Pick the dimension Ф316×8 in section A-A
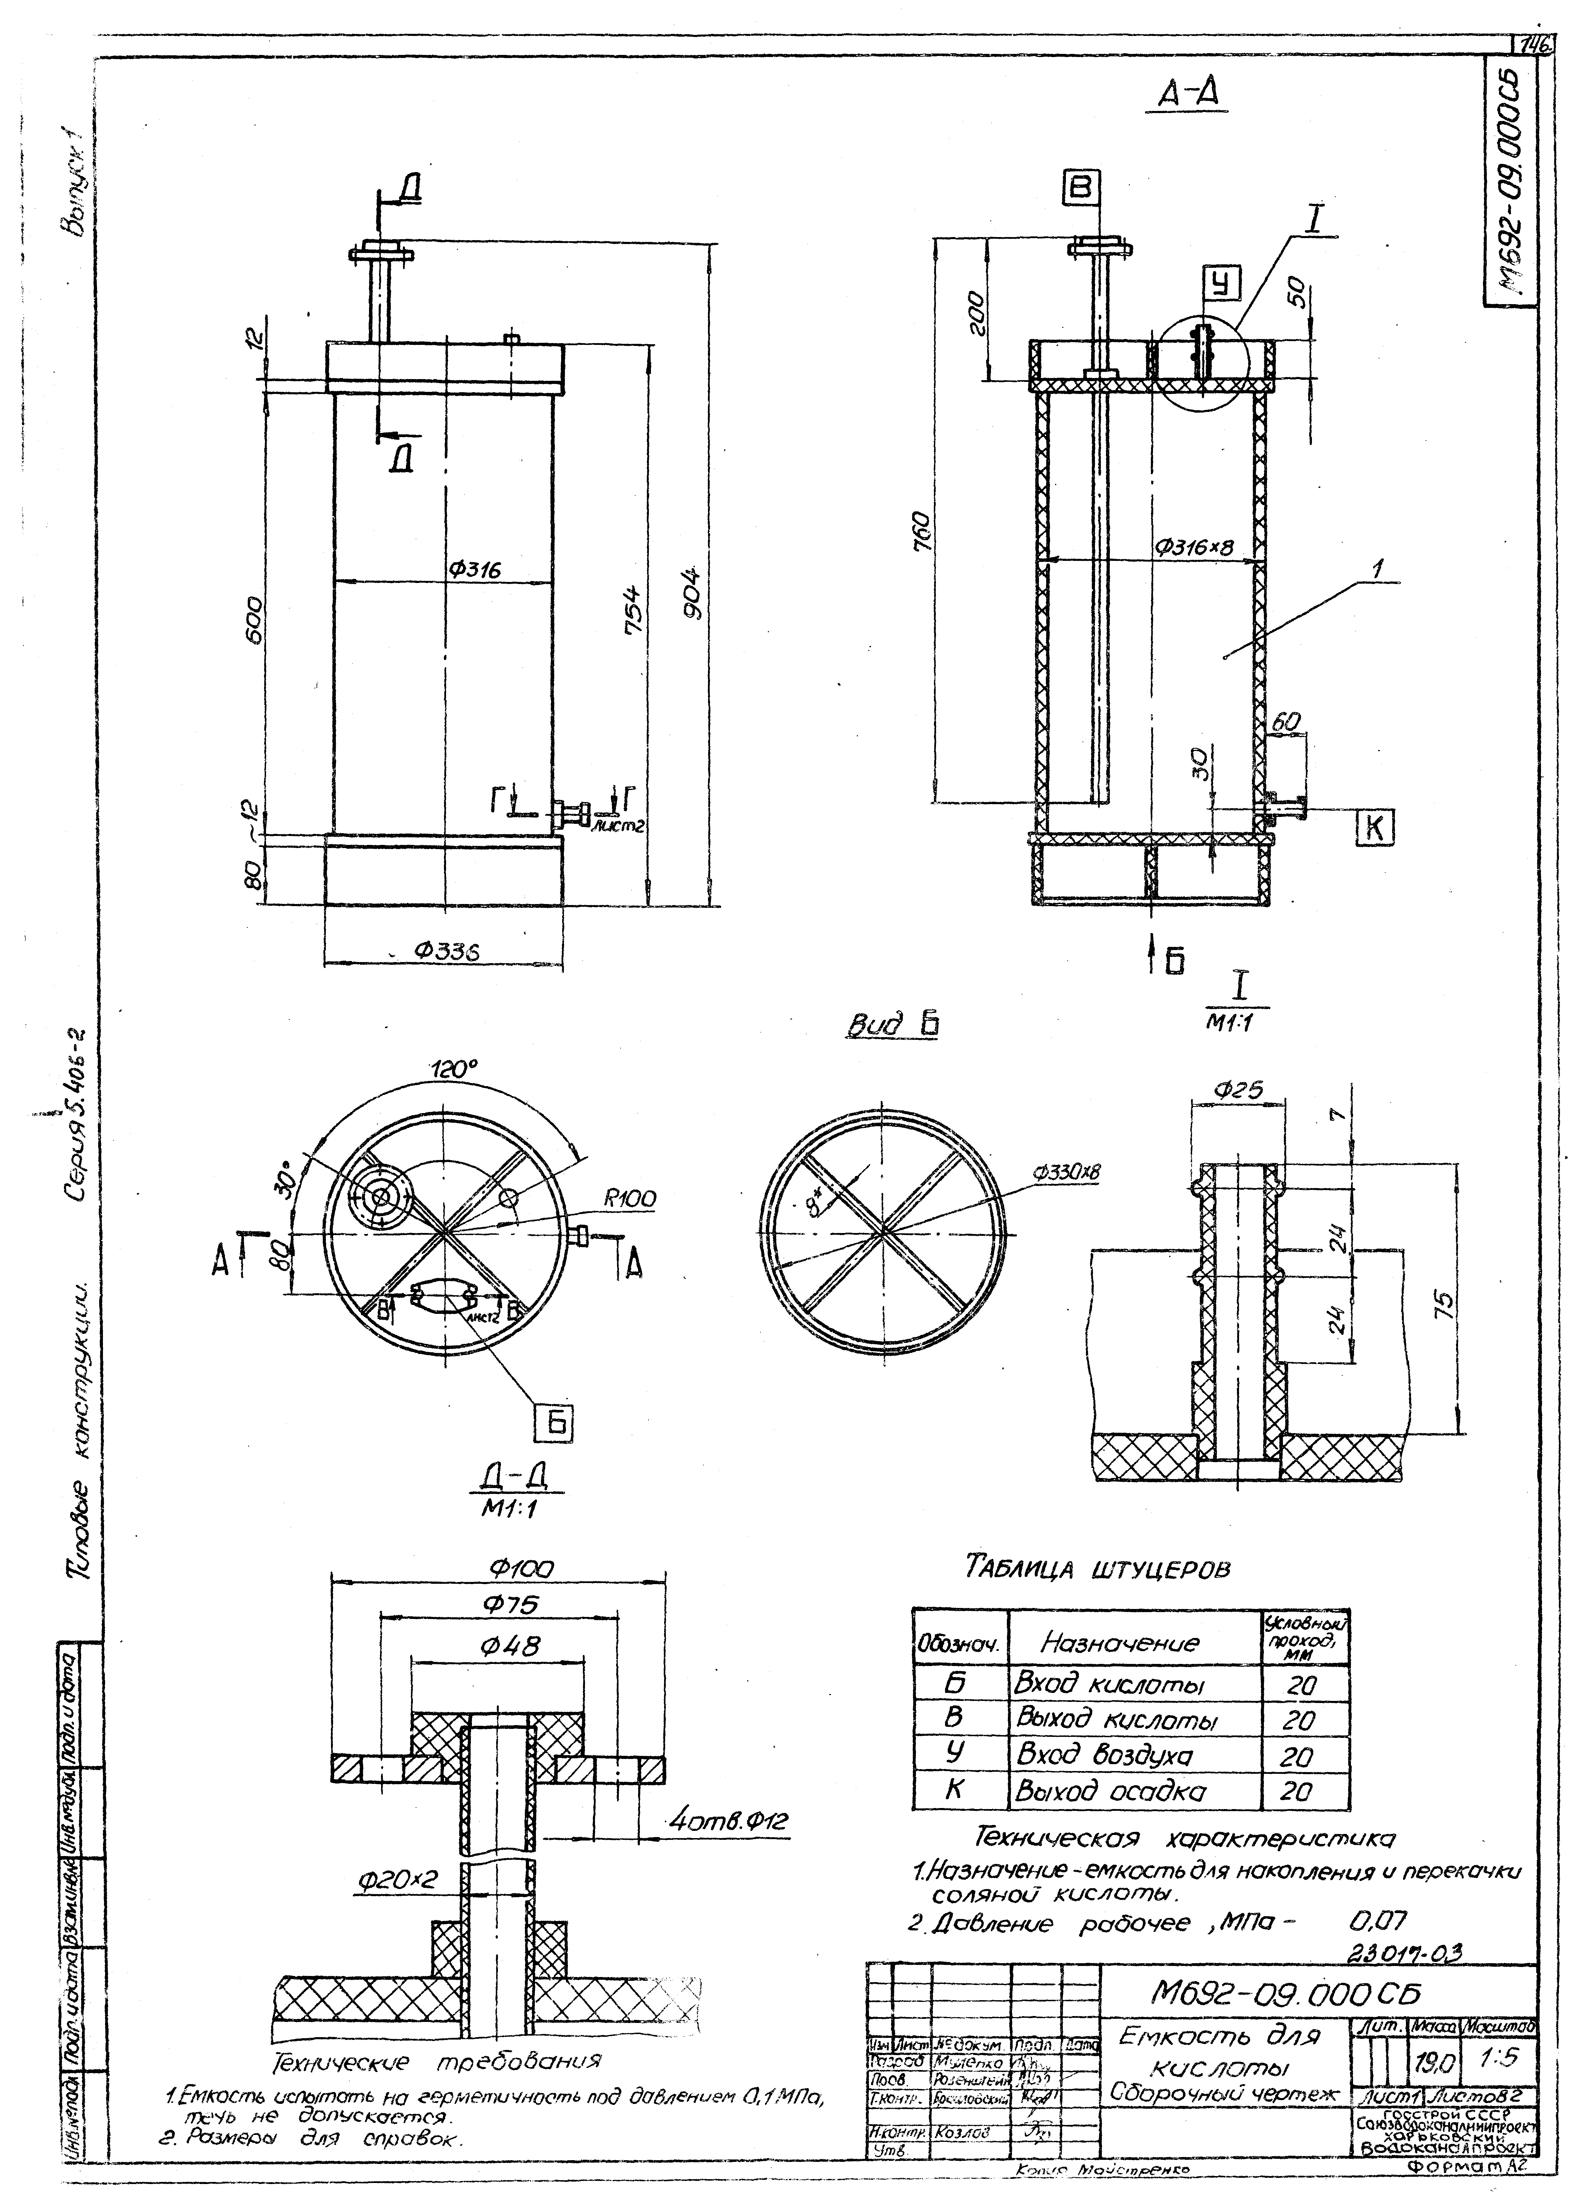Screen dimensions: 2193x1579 tap(1195, 547)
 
